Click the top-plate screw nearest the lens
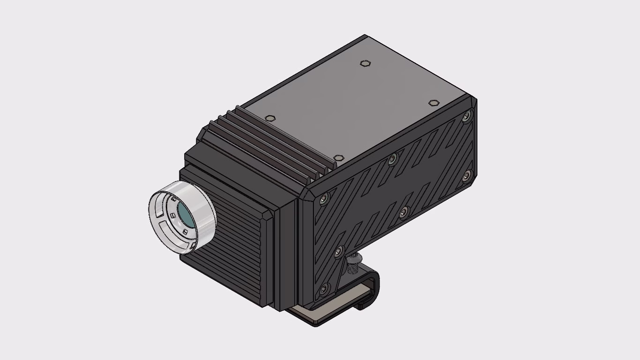269,119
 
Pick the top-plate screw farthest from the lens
434,103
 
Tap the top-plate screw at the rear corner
365,63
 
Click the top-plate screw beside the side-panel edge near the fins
338,158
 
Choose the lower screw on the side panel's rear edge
466,176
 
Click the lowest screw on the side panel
323,288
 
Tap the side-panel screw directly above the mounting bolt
338,254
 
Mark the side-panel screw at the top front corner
323,200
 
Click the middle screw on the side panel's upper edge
393,159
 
